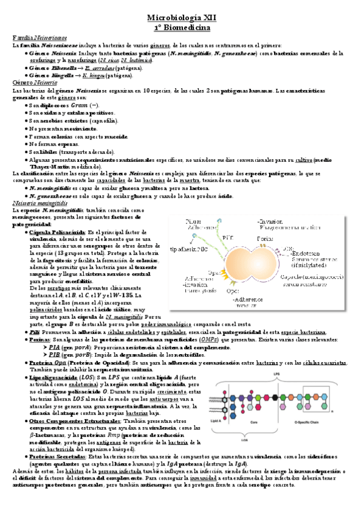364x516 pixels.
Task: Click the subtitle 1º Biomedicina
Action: (x=182, y=28)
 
